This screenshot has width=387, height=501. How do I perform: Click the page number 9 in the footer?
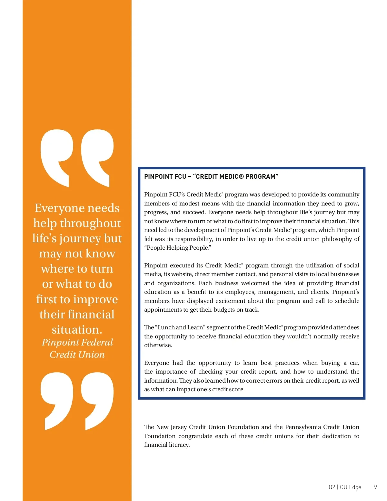pos(375,487)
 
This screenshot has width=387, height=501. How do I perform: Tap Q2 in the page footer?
pos(332,487)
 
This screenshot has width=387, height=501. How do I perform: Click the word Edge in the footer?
pos(355,487)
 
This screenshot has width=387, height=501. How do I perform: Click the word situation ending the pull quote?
pos(77,330)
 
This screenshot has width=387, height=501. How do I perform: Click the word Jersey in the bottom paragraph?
pos(178,427)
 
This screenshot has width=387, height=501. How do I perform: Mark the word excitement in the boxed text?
pos(230,301)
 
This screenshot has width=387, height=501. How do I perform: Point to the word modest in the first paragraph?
pos(189,204)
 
